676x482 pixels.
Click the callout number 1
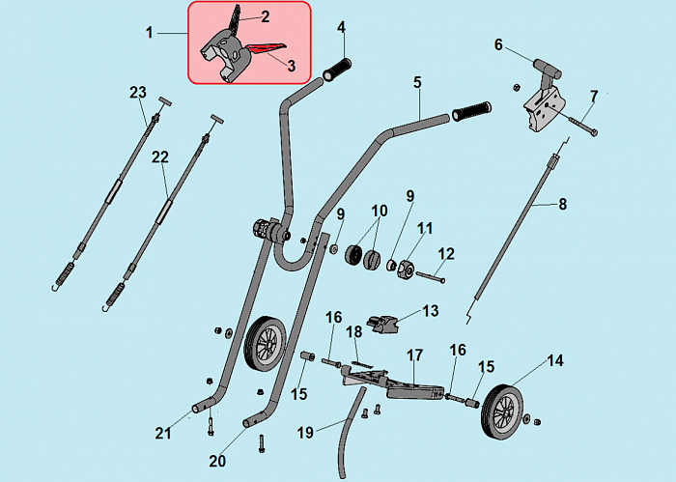(150, 33)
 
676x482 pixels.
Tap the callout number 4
(341, 26)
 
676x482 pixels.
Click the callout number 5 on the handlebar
(417, 83)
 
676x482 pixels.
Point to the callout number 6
(498, 44)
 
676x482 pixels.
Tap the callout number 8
(563, 204)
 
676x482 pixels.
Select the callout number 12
(446, 253)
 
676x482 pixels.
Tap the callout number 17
(415, 355)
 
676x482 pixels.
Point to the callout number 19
(305, 432)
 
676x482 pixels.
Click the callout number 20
(217, 461)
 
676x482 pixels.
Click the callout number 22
(160, 156)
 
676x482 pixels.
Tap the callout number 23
(137, 93)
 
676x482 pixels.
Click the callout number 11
(425, 228)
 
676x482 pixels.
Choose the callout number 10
(380, 210)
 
